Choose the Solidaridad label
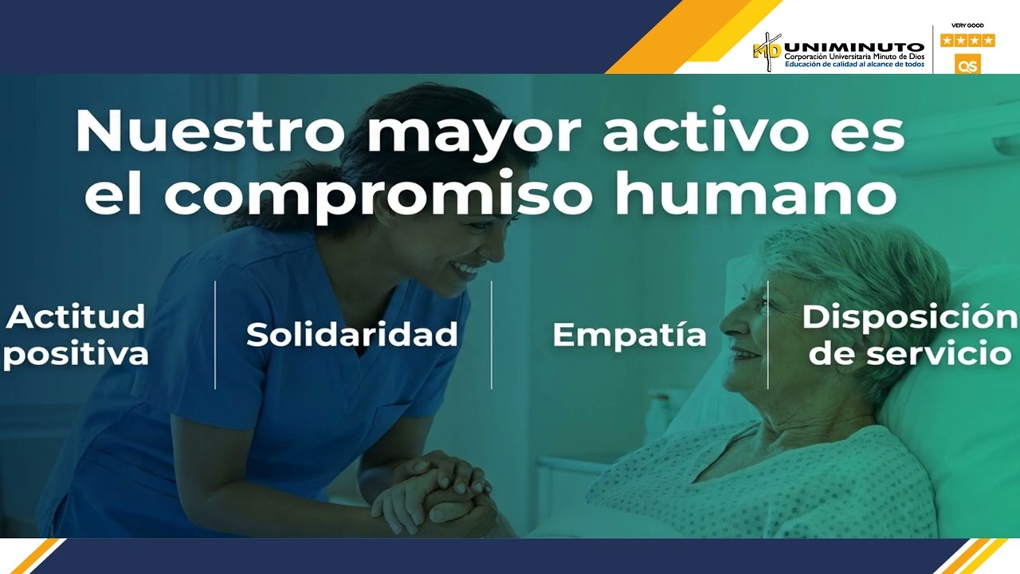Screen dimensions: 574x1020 point(351,334)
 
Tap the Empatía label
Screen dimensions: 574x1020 point(630,335)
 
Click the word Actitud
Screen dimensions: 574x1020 point(76,317)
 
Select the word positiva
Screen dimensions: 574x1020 point(76,353)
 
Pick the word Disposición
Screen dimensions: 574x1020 point(909,316)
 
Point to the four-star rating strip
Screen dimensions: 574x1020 point(967,40)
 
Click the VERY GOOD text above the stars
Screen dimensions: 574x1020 point(967,26)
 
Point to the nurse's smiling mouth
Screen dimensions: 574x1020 point(463,269)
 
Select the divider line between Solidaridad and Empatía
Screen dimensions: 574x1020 point(491,335)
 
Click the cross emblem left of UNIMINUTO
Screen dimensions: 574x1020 point(767,52)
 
